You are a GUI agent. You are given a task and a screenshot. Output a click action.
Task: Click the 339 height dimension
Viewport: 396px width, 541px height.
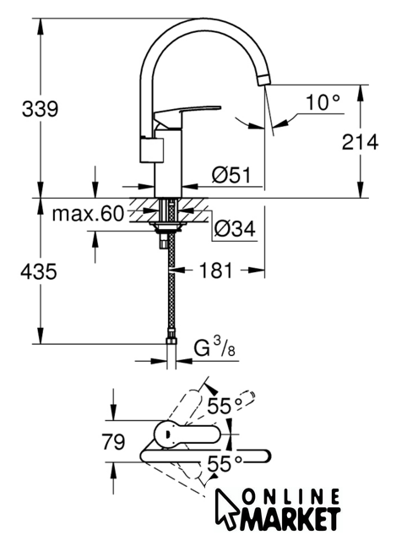[x=40, y=109]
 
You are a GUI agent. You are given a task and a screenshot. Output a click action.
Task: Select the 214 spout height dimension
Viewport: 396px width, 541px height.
[x=360, y=142]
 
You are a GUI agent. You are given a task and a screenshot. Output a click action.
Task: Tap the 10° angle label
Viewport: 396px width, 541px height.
[x=323, y=102]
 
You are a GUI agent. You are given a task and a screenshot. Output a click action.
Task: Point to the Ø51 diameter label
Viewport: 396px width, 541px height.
[x=231, y=175]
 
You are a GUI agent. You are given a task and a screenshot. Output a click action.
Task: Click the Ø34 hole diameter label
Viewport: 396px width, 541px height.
[x=235, y=228]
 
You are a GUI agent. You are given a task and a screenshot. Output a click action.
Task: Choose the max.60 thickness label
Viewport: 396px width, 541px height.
[x=88, y=214]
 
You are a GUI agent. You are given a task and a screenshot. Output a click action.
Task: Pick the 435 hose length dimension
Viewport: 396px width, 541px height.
[x=39, y=271]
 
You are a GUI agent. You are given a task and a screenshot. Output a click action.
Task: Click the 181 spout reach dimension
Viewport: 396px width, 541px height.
[x=216, y=270]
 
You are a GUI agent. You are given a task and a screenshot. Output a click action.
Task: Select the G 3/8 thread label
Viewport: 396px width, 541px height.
[x=214, y=347]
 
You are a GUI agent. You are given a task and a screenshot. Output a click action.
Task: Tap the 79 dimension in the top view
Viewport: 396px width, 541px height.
[x=113, y=441]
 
